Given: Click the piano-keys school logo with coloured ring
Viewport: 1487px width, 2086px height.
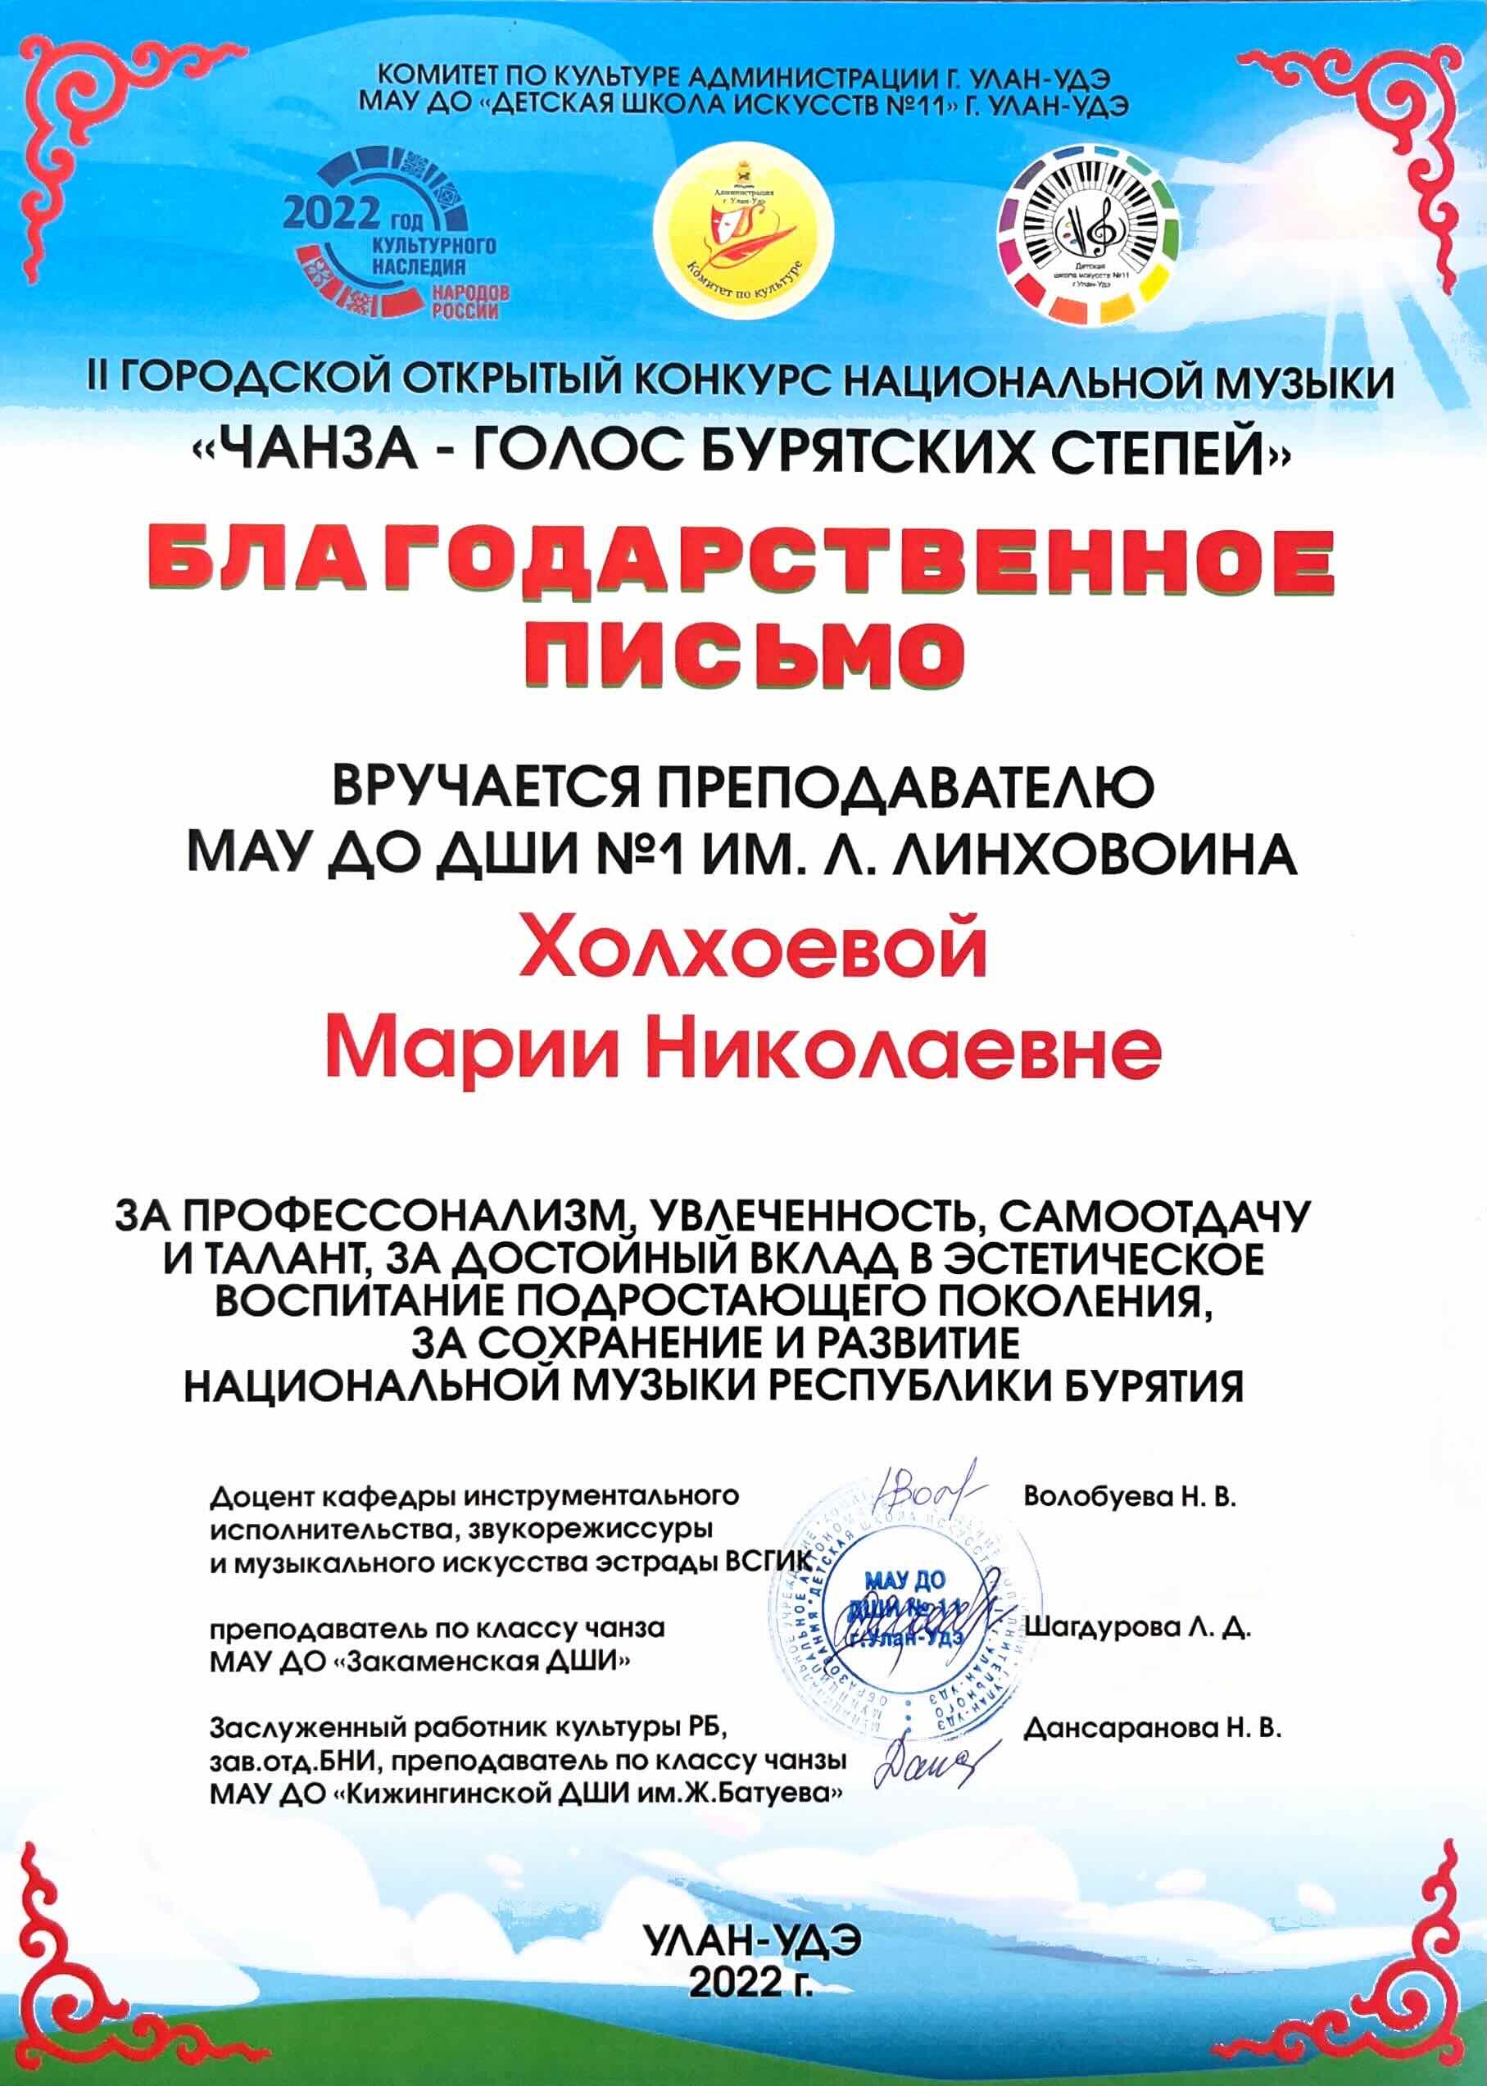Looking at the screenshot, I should (x=1089, y=233).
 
